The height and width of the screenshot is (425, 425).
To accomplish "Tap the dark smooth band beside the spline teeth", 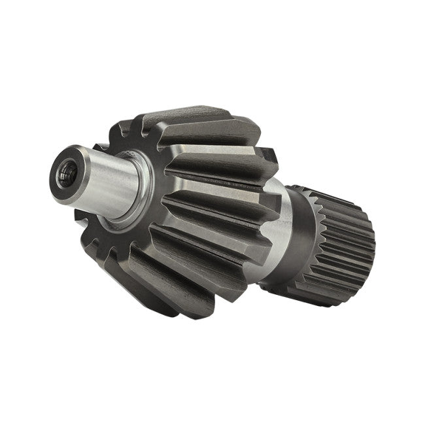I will pyautogui.click(x=306, y=235).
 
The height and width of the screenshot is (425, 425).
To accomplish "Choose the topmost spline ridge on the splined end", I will pyautogui.click(x=327, y=192).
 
